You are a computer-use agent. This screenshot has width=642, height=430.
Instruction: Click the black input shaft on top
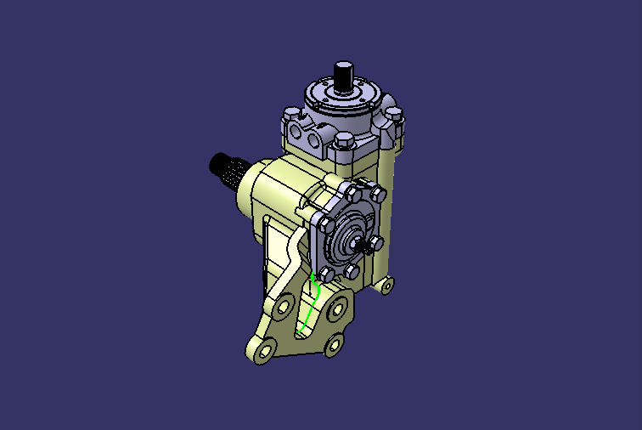[344, 76]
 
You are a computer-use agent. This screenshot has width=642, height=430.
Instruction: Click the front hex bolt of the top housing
[343, 141]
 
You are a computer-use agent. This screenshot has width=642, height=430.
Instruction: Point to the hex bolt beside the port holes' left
[291, 113]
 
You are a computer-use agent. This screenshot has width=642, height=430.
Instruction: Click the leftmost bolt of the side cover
[324, 225]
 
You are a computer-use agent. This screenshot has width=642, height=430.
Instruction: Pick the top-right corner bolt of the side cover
[378, 195]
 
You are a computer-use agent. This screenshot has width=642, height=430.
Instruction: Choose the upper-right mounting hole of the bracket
[342, 305]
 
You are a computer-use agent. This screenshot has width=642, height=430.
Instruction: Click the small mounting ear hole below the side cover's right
[386, 284]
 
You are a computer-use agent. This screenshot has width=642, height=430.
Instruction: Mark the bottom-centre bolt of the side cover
[349, 272]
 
